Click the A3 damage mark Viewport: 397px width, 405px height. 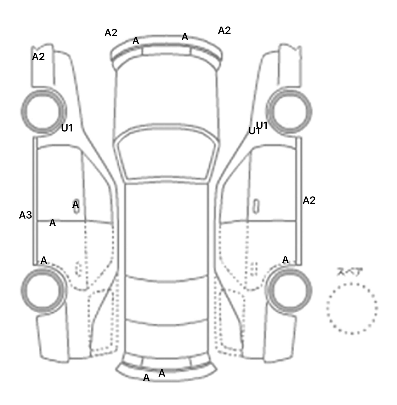[x=25, y=215]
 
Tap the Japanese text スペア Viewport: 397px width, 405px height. [x=350, y=272]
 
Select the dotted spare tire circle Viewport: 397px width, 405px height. [x=352, y=308]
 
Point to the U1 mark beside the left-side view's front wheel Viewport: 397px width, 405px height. [x=67, y=128]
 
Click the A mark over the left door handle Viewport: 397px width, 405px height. [x=75, y=205]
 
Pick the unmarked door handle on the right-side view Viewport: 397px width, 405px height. [x=256, y=206]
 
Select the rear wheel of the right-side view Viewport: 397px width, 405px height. [x=289, y=290]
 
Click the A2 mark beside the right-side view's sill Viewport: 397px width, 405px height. [x=309, y=200]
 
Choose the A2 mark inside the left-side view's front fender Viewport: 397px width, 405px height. [x=38, y=57]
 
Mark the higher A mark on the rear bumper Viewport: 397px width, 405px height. [x=162, y=373]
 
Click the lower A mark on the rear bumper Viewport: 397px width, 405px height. [x=146, y=378]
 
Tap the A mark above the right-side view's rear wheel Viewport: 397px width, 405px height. [x=285, y=260]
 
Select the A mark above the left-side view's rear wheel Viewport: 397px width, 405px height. [x=44, y=260]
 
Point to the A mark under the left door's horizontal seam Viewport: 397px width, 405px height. [x=52, y=223]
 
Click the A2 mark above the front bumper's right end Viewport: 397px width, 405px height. [x=224, y=31]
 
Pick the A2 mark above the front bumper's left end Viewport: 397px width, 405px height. [x=111, y=33]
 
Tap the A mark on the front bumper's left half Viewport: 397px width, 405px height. [x=136, y=41]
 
